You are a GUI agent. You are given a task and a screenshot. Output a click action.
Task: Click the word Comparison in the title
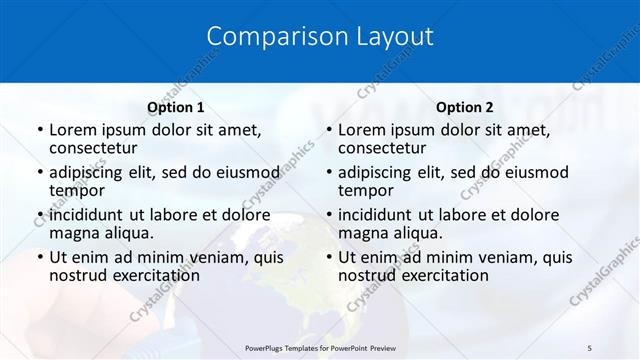coord(267,37)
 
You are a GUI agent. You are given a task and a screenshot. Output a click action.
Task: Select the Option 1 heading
coord(175,107)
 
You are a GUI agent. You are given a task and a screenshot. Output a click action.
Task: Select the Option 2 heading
coord(465,107)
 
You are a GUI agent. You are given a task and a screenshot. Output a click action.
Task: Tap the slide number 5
coord(590,347)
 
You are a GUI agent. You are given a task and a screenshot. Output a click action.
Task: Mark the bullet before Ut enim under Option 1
coord(40,257)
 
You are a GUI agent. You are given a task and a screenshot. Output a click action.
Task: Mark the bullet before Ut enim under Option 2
coord(329,257)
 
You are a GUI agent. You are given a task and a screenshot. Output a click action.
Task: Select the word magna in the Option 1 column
coord(73,233)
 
